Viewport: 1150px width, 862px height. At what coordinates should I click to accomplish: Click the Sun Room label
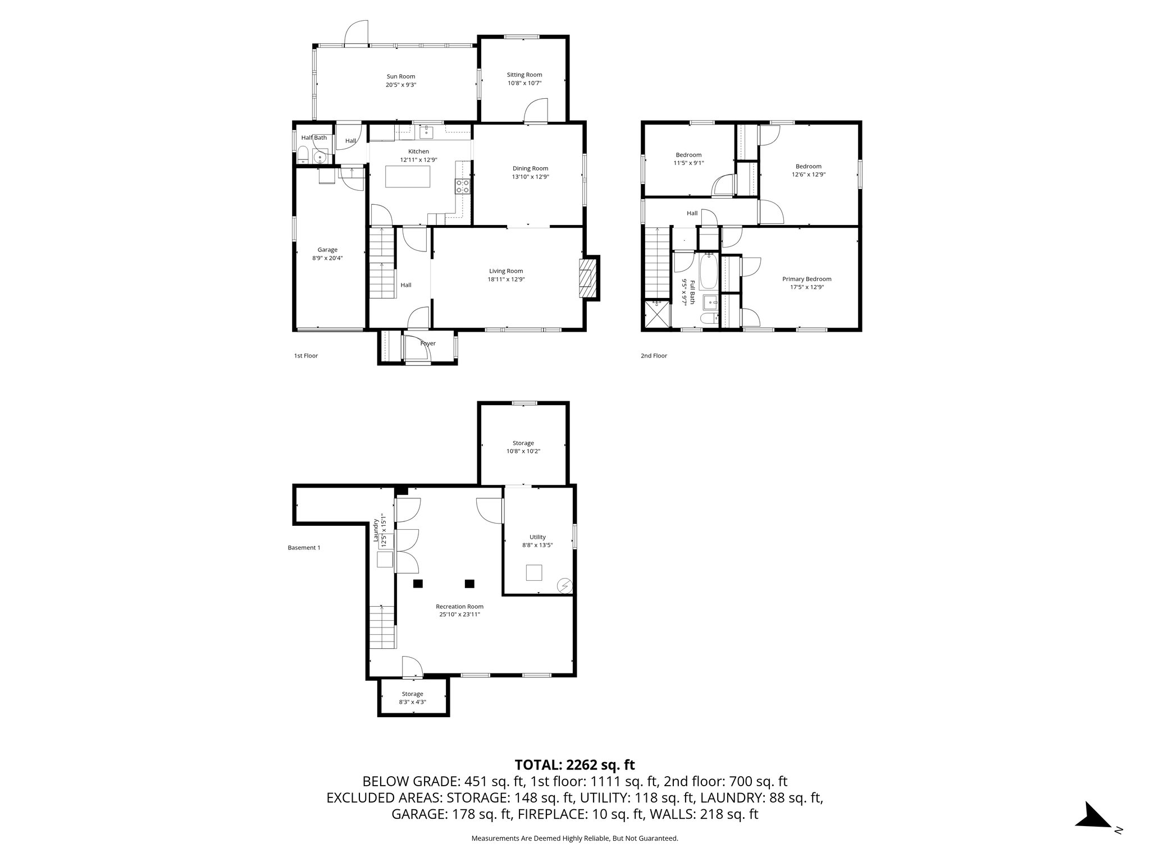coord(400,76)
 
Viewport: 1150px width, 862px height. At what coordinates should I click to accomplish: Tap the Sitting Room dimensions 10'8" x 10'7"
coord(524,83)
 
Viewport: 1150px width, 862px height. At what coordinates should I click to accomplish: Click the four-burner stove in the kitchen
coord(463,186)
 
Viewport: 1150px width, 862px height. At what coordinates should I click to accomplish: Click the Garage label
coord(327,250)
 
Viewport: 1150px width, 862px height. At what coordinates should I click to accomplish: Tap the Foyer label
coord(428,343)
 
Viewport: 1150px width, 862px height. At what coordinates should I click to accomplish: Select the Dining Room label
coord(530,168)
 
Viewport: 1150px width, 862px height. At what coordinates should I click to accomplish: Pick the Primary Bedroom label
coord(806,279)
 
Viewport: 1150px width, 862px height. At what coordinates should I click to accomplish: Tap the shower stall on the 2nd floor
coord(658,314)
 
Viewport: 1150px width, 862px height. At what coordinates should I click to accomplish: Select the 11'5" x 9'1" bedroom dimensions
coord(688,163)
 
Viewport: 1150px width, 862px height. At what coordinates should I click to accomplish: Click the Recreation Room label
coord(459,606)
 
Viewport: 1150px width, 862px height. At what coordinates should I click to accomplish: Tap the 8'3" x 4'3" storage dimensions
coord(412,702)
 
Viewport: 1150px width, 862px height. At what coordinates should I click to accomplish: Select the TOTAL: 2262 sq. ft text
coord(574,764)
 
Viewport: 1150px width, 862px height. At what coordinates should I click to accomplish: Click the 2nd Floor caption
coord(654,356)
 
